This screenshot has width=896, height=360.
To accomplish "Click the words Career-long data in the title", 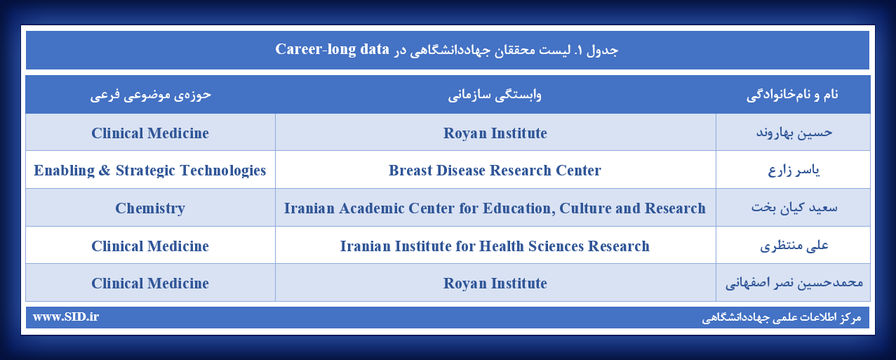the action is (x=332, y=50).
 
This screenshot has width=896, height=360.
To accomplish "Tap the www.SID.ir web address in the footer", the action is (x=65, y=316).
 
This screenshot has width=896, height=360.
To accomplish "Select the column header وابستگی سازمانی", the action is (x=495, y=95).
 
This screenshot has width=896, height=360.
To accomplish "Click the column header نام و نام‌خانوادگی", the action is (x=792, y=95).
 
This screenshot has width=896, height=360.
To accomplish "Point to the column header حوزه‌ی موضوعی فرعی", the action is (x=150, y=95).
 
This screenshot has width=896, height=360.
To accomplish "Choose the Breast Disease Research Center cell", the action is (x=495, y=171).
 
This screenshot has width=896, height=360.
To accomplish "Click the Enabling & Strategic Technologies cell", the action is (x=150, y=171).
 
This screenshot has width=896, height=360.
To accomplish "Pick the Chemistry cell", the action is (x=150, y=208).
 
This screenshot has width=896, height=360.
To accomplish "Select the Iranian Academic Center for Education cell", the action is (x=495, y=208).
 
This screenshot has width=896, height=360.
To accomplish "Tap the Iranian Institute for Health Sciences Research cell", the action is (x=495, y=246).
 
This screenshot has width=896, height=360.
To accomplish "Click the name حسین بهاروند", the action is (x=794, y=133).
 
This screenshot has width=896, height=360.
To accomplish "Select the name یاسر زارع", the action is (x=794, y=171).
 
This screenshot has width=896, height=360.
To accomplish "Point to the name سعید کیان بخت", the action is (x=794, y=208).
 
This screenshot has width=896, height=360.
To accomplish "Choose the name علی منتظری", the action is (x=794, y=246).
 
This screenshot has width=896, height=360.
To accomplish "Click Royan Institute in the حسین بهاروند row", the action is (x=495, y=133).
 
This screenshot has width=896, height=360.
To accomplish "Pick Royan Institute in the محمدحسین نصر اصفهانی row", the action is (x=495, y=284).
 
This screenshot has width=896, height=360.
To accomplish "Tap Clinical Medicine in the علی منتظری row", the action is (x=150, y=246).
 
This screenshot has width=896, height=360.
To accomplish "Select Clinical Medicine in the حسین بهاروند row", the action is (x=150, y=133).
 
